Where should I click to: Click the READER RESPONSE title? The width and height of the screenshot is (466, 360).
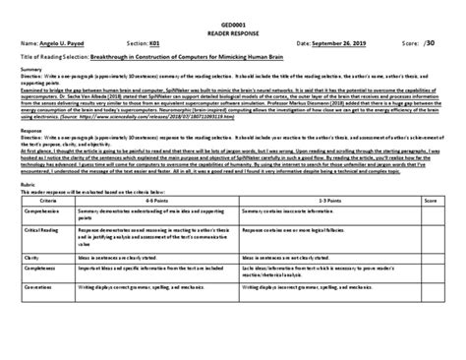[x=233, y=30]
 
